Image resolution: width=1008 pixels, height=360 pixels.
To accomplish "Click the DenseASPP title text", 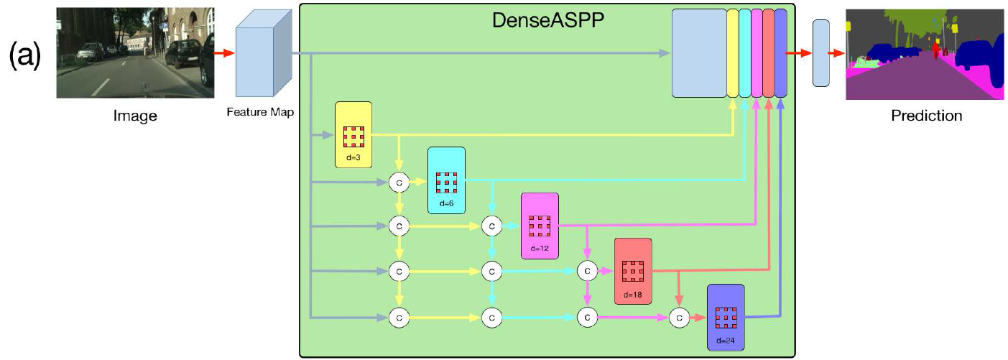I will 547,20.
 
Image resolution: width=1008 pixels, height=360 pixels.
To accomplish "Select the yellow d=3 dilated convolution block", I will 353,135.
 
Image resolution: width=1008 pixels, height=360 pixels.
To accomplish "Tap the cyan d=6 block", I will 446,180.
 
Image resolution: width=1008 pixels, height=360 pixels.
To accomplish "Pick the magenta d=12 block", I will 540,226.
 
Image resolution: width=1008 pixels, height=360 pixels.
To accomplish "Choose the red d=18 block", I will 632,271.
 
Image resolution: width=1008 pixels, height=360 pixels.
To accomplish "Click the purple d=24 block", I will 726,317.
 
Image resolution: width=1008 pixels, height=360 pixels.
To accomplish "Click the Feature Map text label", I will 259,112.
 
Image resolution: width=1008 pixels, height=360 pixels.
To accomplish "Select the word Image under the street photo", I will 135,115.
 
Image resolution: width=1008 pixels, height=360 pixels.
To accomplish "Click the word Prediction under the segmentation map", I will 926,115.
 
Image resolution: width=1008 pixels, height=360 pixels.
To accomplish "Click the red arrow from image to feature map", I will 224,53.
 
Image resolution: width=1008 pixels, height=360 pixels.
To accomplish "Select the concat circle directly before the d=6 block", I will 399,183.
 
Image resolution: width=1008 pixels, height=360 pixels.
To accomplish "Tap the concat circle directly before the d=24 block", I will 678,316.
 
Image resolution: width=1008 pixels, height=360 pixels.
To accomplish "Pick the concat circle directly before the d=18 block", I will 587,271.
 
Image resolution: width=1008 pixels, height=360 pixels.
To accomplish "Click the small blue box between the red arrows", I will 820,53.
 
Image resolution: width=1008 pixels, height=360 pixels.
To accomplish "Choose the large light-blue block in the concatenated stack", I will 698,53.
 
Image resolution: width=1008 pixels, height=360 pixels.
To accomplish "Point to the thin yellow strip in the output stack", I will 732,53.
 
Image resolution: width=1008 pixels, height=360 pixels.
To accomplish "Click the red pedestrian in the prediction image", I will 935,51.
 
